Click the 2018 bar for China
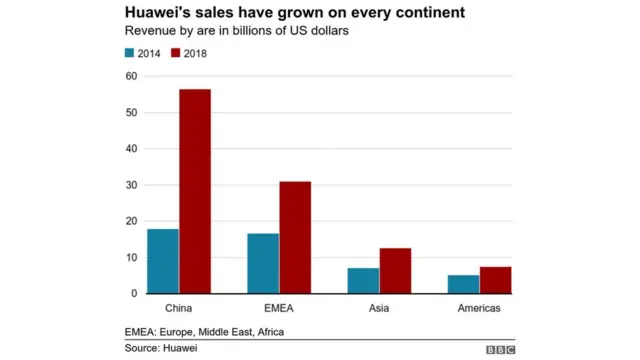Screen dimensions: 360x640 click(x=195, y=191)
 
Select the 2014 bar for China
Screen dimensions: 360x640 click(x=163, y=261)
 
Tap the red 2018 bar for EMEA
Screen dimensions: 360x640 click(x=295, y=237)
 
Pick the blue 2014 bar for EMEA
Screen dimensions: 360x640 click(x=263, y=263)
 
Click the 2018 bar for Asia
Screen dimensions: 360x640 click(x=395, y=270)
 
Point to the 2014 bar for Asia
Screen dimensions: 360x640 click(x=363, y=280)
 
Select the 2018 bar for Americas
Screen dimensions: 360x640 click(x=495, y=280)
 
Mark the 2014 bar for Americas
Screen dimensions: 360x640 click(x=463, y=284)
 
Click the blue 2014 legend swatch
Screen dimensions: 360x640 click(x=130, y=53)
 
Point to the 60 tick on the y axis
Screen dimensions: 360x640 click(x=131, y=76)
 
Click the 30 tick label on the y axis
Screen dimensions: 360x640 click(x=131, y=185)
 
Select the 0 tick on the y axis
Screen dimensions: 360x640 click(x=134, y=294)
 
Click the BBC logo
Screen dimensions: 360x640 click(x=500, y=349)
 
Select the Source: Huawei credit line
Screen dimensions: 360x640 click(x=160, y=348)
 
